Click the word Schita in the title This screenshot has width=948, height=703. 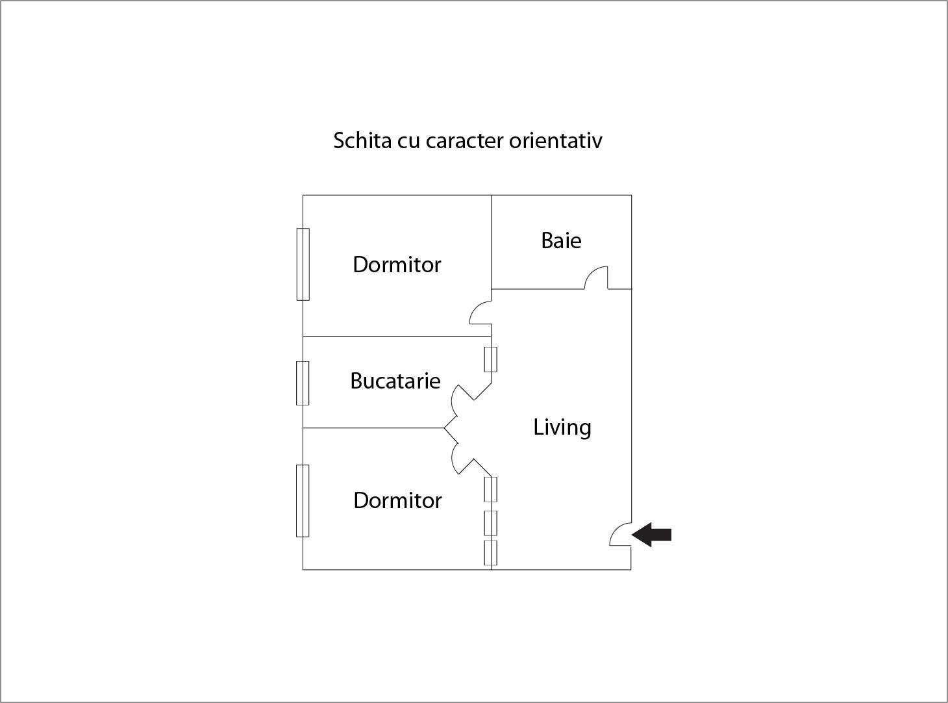tap(362, 140)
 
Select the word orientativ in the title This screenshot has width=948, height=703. tap(555, 140)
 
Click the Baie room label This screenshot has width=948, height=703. tap(561, 240)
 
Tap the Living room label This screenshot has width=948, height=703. tap(562, 428)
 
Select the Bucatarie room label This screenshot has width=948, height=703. tap(395, 381)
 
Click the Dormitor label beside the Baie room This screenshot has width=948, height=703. tap(397, 264)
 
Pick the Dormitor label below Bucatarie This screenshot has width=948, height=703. tap(397, 500)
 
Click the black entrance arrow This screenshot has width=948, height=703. tap(651, 535)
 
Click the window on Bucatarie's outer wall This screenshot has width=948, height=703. tap(303, 383)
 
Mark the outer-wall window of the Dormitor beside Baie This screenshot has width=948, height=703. tap(303, 264)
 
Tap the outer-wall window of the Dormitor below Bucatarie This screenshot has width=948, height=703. tap(303, 501)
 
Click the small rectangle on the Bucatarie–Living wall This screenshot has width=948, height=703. tap(491, 359)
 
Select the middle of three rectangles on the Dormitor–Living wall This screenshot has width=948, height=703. tap(491, 523)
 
